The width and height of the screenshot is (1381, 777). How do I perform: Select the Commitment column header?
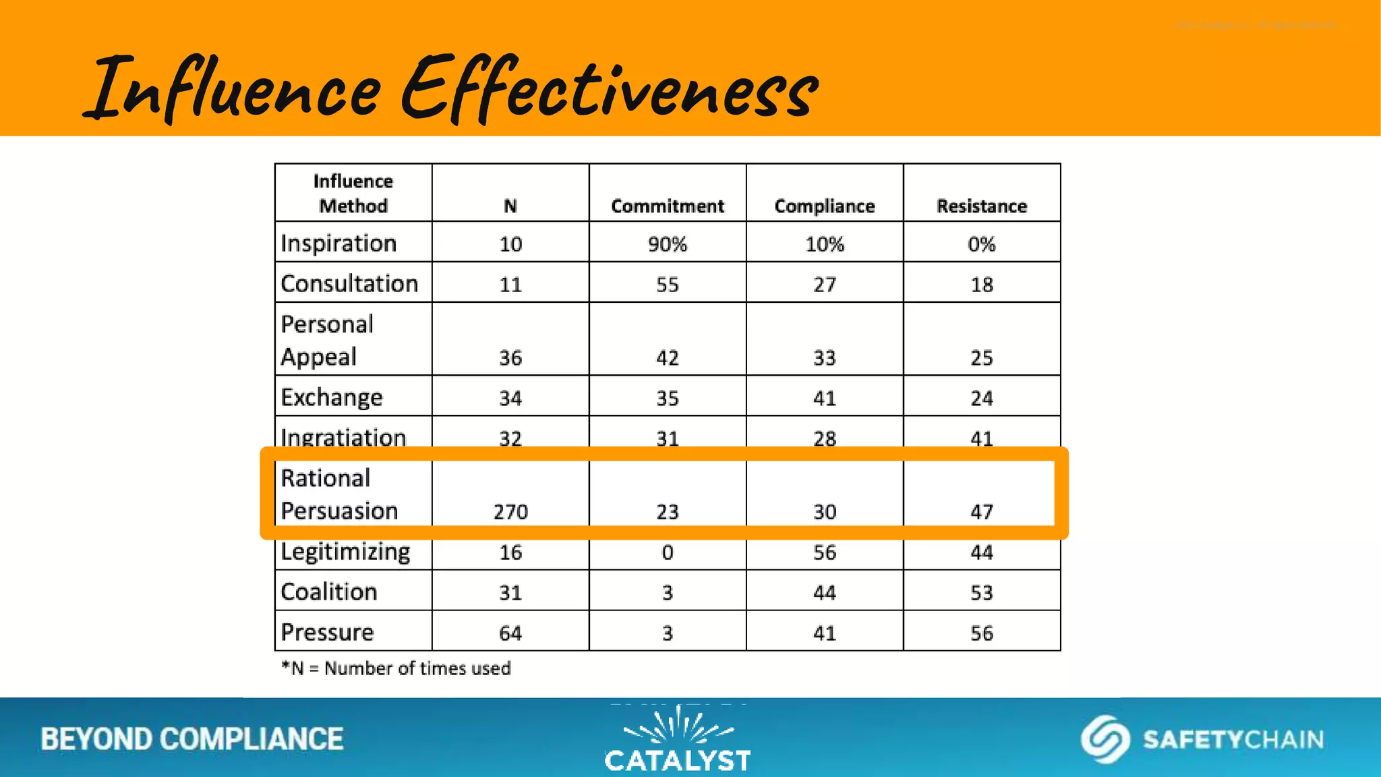668,206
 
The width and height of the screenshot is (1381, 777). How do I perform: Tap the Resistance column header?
982,206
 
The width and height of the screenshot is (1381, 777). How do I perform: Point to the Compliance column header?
825,206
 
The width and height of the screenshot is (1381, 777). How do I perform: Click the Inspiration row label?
339,243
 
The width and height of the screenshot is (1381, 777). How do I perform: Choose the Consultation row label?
349,283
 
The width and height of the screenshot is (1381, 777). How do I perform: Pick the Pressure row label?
327,632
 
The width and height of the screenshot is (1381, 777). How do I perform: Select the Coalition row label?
329,592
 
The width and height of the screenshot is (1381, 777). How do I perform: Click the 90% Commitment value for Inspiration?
668,243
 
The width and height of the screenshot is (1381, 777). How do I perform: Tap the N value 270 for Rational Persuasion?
510,511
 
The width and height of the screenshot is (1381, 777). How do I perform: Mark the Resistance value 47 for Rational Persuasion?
982,511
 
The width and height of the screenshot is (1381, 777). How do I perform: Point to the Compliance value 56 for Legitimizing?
825,552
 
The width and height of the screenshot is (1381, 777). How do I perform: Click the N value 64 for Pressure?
510,633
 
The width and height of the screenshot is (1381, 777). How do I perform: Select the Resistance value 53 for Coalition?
982,592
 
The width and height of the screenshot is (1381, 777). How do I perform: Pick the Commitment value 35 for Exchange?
668,398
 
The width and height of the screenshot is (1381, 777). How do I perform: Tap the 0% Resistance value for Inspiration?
982,243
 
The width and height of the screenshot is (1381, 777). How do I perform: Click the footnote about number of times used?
396,668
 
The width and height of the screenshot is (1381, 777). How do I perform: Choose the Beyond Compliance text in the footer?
192,739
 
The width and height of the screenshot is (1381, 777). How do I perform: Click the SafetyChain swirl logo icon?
1105,739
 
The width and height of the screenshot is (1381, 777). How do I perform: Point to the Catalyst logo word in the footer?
678,761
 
